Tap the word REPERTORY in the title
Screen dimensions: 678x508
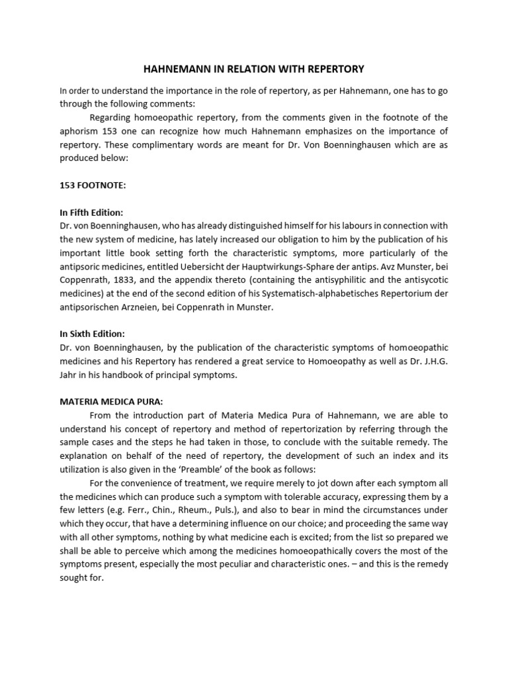(x=335, y=68)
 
